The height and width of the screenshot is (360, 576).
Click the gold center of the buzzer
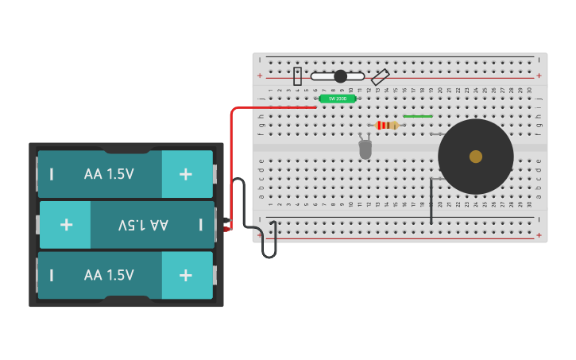click(476, 157)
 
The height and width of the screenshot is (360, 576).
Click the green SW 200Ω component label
click(338, 99)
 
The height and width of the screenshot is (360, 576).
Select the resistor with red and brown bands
click(387, 125)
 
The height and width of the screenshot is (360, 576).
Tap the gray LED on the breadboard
click(365, 149)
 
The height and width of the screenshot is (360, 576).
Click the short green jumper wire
click(418, 116)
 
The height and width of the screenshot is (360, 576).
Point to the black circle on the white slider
click(341, 76)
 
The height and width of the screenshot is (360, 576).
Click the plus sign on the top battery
click(185, 174)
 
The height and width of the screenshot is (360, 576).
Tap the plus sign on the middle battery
click(66, 225)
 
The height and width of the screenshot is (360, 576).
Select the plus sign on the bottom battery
click(185, 275)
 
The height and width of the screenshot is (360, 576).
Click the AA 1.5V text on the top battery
click(109, 174)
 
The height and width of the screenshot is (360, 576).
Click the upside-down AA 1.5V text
click(143, 225)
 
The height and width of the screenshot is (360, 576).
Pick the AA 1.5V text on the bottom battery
click(109, 275)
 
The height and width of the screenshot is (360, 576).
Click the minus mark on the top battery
click(52, 174)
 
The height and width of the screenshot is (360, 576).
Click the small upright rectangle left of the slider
click(298, 76)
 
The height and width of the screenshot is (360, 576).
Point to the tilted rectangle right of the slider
click(381, 77)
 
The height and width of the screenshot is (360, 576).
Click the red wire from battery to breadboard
click(232, 159)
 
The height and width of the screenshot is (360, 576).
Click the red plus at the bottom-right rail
click(539, 235)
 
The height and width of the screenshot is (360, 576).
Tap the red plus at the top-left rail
click(260, 76)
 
